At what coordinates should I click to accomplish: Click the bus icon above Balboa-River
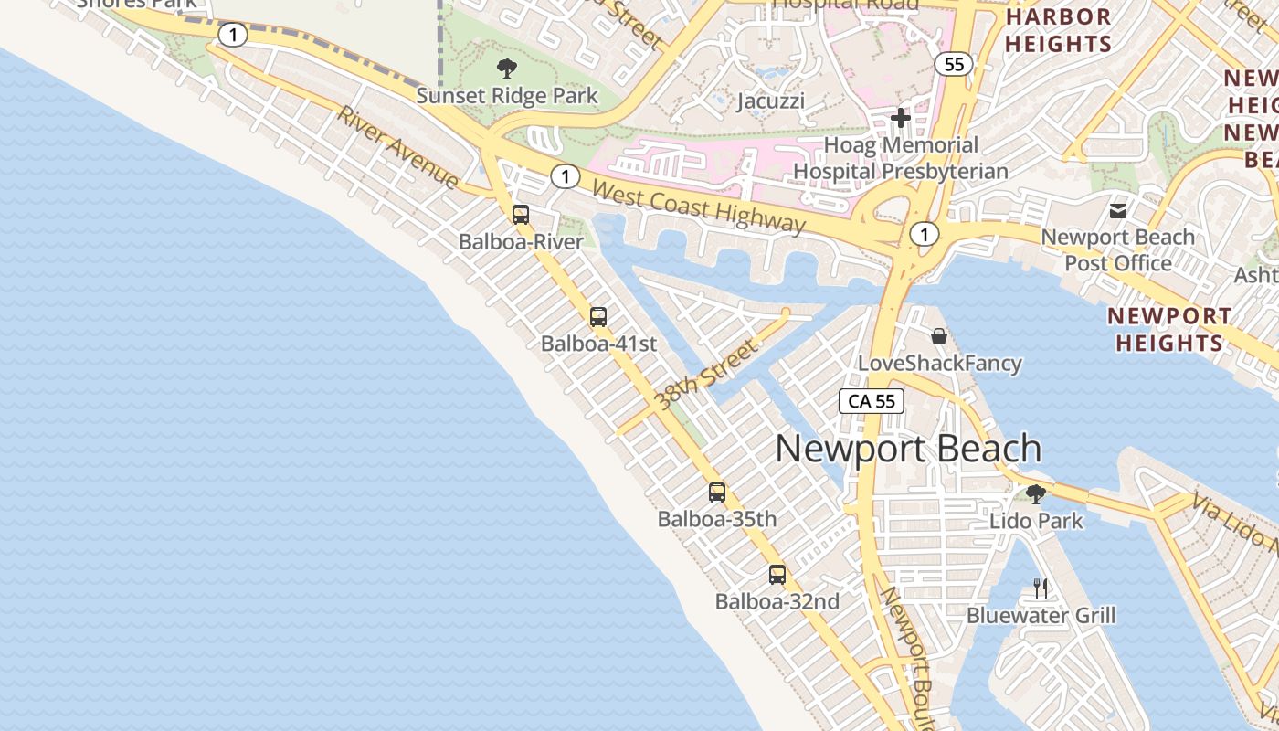coord(520,215)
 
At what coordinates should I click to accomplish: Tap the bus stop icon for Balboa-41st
coord(598,317)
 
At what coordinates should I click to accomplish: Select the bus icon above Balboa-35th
coord(717,493)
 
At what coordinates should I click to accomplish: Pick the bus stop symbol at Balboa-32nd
coord(777,575)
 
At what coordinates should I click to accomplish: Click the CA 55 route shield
coord(872,400)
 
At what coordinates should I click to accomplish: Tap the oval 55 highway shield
coord(954,64)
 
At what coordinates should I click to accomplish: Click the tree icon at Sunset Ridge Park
coord(506,68)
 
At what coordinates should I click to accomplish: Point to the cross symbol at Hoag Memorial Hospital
coord(901,117)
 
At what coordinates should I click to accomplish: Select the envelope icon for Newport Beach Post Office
coord(1118,211)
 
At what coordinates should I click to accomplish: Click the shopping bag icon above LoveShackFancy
coord(939,336)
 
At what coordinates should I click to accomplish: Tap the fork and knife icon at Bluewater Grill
coord(1041,588)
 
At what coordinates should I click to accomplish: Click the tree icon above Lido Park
coord(1036,494)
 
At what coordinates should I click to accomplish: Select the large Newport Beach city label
coord(908,449)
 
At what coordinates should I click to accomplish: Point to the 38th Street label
coord(708,374)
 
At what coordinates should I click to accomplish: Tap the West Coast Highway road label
coord(700,207)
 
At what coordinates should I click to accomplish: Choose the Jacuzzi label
coord(771,101)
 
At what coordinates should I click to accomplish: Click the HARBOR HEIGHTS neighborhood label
coord(1058,30)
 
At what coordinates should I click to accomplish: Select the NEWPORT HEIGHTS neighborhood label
coord(1168,330)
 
